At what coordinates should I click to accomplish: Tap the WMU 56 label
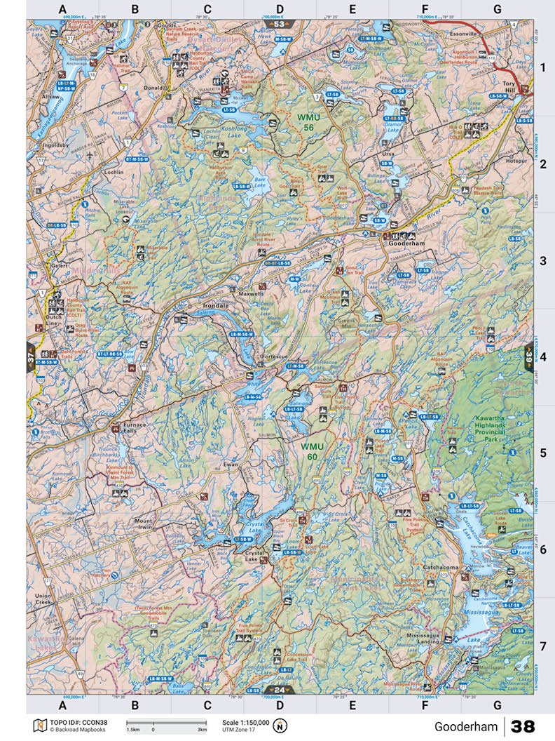point(306,122)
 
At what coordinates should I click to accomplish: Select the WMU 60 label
point(313,452)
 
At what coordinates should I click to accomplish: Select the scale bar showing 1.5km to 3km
point(166,723)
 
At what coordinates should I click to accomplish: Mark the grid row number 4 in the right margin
point(542,356)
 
